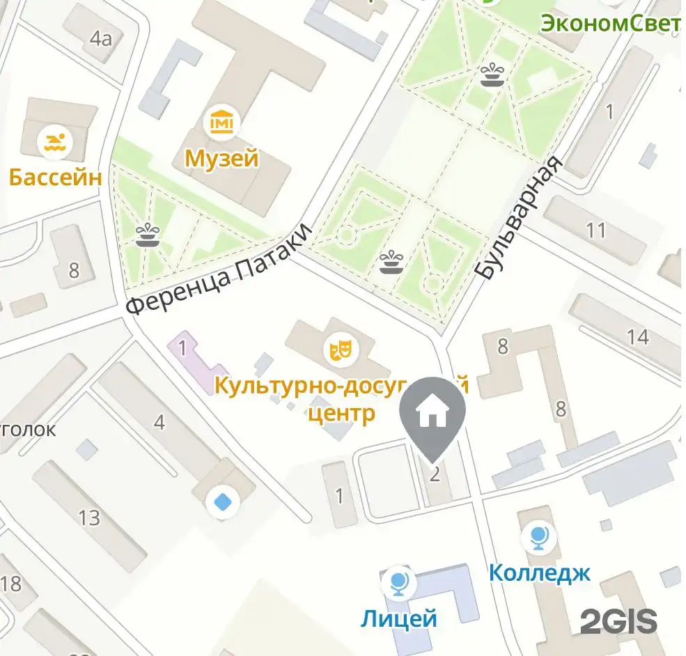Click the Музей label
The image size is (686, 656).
coord(221,159)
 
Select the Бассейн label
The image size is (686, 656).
coord(55,177)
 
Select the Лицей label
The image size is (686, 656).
coord(399,617)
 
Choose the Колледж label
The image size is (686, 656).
coord(539,572)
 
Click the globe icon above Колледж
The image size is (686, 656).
coord(539,537)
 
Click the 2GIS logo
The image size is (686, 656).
coord(618,620)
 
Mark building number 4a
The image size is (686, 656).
coord(100,38)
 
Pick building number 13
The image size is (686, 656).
coord(89,518)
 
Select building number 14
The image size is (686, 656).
coord(638,337)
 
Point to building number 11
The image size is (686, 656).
coord(596,229)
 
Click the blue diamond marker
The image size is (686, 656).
coord(223,501)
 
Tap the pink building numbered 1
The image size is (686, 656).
coord(183,347)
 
